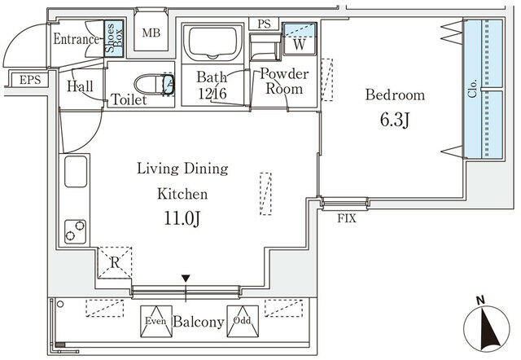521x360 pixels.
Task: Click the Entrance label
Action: (76, 39)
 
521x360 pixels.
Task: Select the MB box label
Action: (151, 33)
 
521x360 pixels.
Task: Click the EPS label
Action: (29, 80)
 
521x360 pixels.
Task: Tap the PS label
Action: (264, 24)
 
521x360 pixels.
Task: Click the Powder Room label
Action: (284, 82)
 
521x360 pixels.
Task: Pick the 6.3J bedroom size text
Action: (394, 121)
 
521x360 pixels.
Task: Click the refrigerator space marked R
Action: (115, 262)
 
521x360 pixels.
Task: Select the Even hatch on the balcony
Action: (155, 320)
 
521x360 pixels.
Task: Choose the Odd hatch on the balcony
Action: (241, 320)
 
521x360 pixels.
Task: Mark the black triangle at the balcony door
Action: (186, 279)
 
